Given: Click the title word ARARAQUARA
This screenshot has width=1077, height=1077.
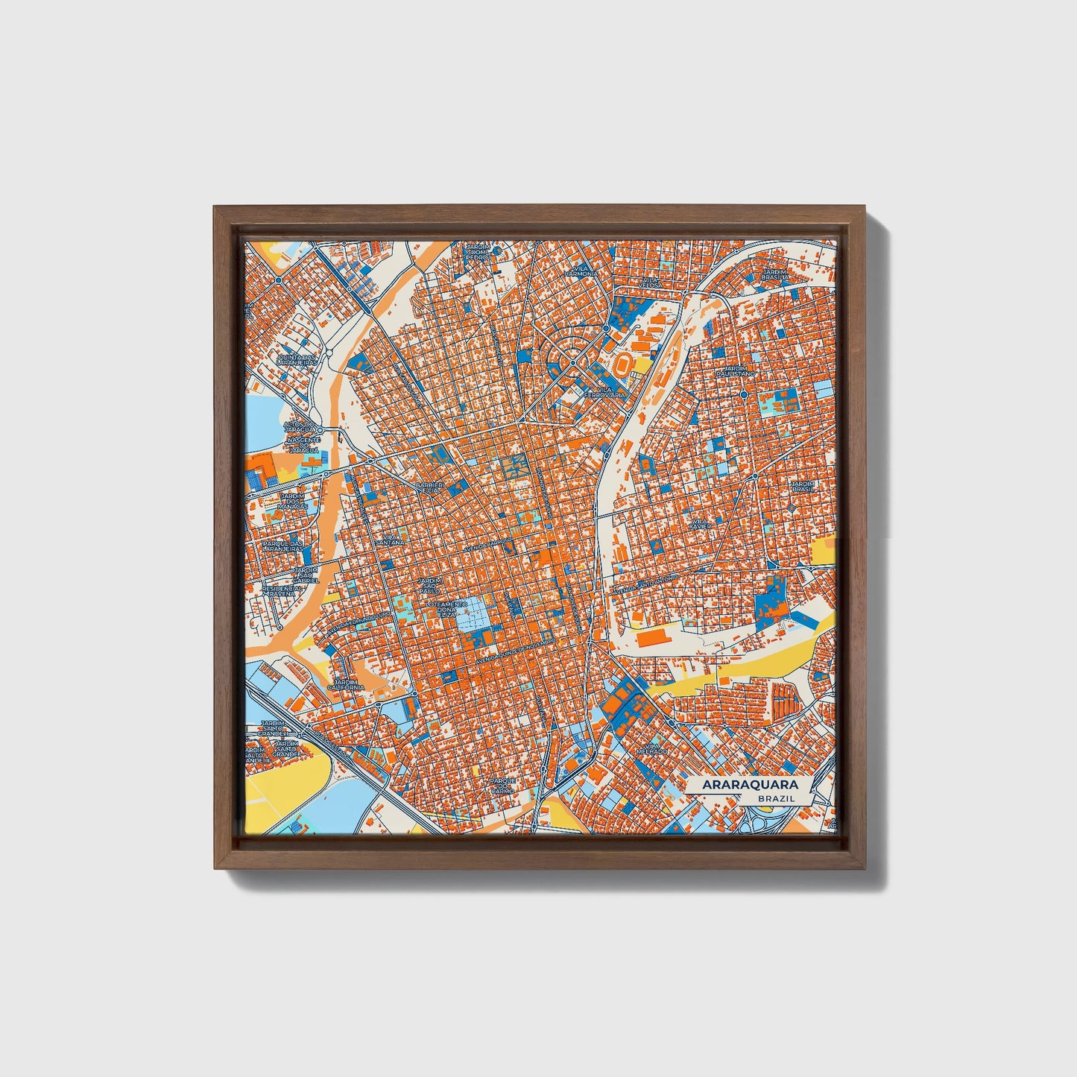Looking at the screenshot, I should coord(749,785).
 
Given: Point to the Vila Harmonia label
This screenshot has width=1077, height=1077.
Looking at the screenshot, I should coord(581,271).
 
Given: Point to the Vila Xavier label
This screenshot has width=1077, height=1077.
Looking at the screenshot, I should coord(701,523).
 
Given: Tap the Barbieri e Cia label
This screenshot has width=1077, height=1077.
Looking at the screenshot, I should coord(429,488).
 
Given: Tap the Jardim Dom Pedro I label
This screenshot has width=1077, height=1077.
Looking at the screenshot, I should coord(476,253).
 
